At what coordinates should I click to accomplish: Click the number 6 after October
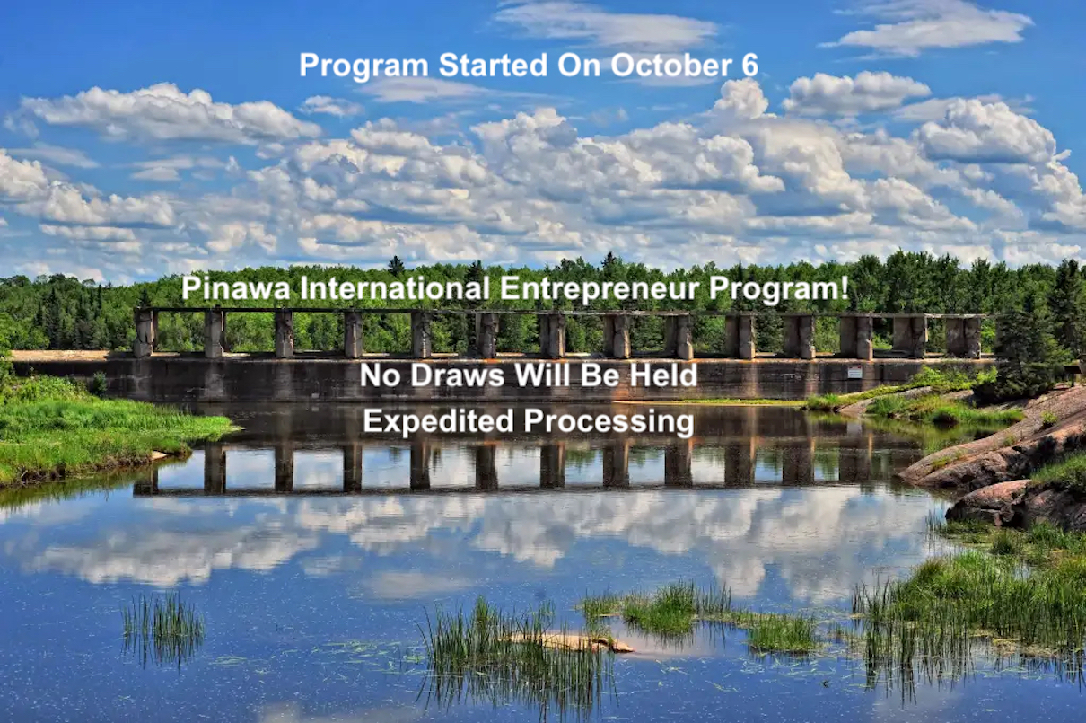coord(749,66)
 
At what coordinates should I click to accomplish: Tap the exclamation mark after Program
coord(843,289)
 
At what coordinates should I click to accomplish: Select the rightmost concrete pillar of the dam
coord(973,337)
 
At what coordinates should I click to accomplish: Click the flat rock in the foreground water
coord(574,642)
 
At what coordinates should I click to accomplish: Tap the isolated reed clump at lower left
coord(162,624)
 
